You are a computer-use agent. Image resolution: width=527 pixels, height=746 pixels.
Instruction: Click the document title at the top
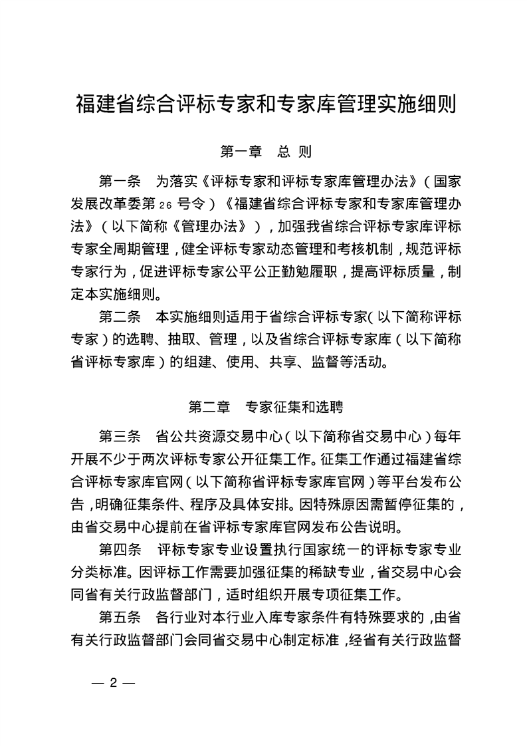pyautogui.click(x=266, y=104)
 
